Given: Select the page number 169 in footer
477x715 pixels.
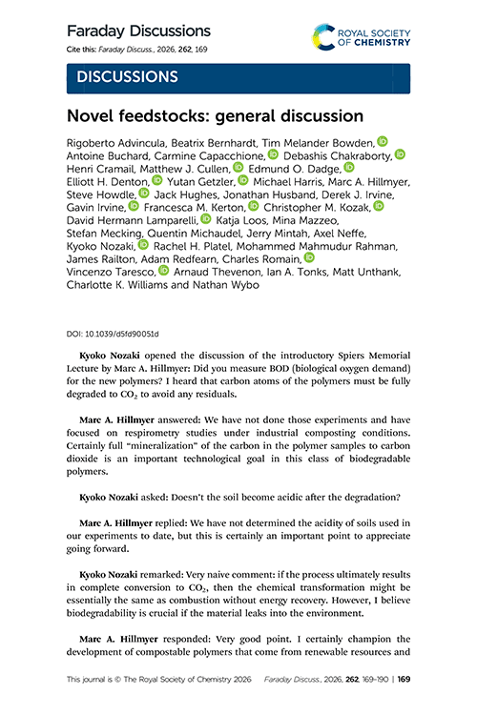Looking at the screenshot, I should (404, 681).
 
